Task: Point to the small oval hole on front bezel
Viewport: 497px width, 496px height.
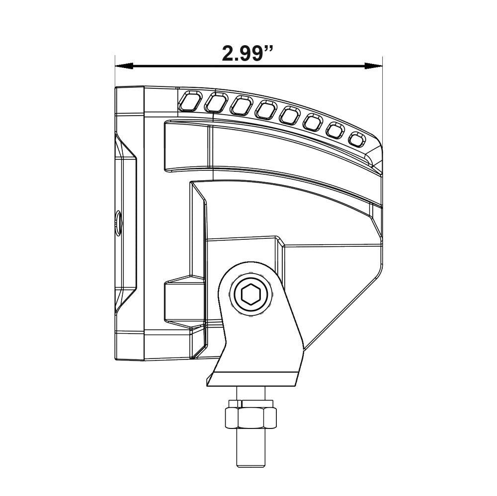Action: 118,221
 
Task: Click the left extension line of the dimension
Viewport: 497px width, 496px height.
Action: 115,74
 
